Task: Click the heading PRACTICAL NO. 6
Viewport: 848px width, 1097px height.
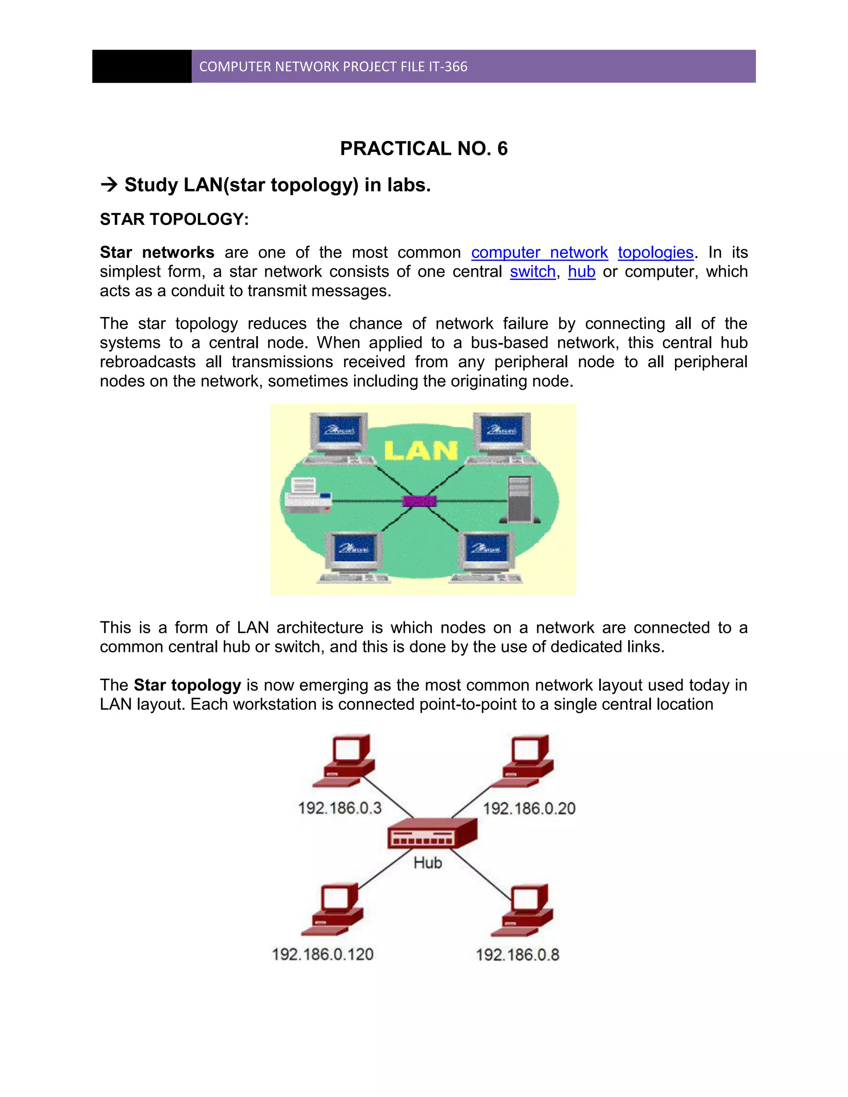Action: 424,149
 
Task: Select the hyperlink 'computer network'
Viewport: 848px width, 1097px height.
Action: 539,252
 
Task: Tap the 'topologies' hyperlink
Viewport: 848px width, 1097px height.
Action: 655,252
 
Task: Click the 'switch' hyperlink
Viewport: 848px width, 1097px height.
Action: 532,272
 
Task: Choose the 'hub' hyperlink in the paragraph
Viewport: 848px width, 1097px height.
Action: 581,272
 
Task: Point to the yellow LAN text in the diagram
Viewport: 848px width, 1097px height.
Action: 421,450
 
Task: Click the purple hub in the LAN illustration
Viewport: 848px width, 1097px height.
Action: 419,501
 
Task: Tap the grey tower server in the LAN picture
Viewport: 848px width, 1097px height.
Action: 520,500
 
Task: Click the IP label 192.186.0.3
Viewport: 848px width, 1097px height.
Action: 340,808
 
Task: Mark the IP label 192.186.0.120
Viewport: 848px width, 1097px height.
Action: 323,954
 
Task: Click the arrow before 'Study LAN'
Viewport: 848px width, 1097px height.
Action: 109,185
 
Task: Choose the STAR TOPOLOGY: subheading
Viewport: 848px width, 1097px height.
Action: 174,219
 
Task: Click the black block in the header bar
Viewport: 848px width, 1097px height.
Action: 142,66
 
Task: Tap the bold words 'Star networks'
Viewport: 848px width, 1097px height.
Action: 157,252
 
